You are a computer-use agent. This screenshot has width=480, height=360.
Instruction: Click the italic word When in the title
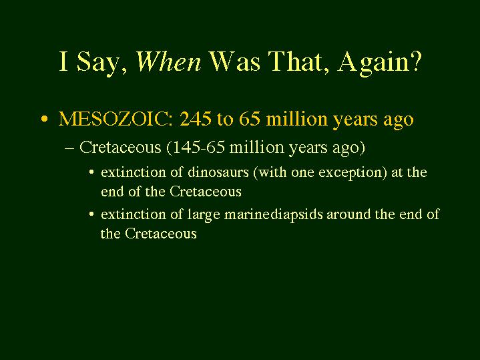169,61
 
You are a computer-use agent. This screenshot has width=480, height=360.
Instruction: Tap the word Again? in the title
380,63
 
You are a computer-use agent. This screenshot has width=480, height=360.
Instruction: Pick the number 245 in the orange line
196,119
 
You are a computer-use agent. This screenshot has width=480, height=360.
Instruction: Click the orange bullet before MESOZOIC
45,119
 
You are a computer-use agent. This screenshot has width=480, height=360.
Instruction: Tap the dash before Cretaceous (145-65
70,148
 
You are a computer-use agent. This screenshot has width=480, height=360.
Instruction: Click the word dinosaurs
218,172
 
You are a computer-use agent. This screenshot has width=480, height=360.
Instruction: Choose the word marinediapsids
274,214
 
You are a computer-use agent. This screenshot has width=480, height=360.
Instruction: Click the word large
204,215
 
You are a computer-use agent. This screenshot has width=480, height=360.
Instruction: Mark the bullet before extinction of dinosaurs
91,172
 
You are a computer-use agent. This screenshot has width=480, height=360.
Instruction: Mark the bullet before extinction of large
91,214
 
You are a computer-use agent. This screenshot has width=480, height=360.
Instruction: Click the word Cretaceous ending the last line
161,234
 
